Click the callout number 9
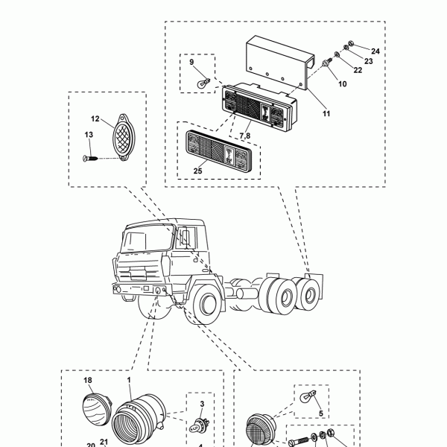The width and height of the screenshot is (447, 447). click(x=191, y=62)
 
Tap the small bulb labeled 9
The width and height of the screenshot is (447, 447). click(x=200, y=83)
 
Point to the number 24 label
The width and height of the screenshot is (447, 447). click(x=375, y=51)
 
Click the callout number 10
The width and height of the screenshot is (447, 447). click(x=343, y=85)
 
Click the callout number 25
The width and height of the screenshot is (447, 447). click(x=198, y=171)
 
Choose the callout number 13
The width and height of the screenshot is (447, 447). click(x=88, y=135)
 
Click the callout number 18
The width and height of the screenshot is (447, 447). click(x=88, y=380)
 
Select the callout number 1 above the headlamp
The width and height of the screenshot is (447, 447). click(x=129, y=380)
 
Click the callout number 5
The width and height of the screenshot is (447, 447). click(x=320, y=413)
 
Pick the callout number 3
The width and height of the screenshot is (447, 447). click(x=202, y=405)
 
